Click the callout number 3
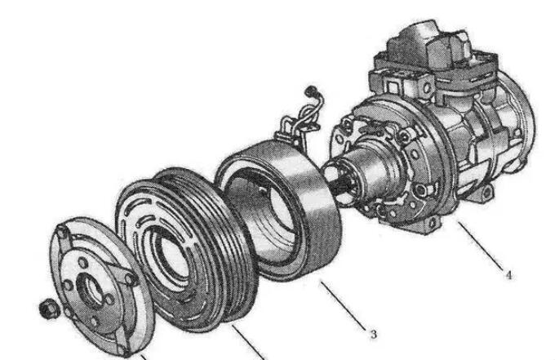coord(373,335)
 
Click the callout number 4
coord(508,275)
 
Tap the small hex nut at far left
coord(47,309)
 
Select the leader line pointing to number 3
coord(343,305)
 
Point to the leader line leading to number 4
coord(480,246)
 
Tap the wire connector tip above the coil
coord(311,90)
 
